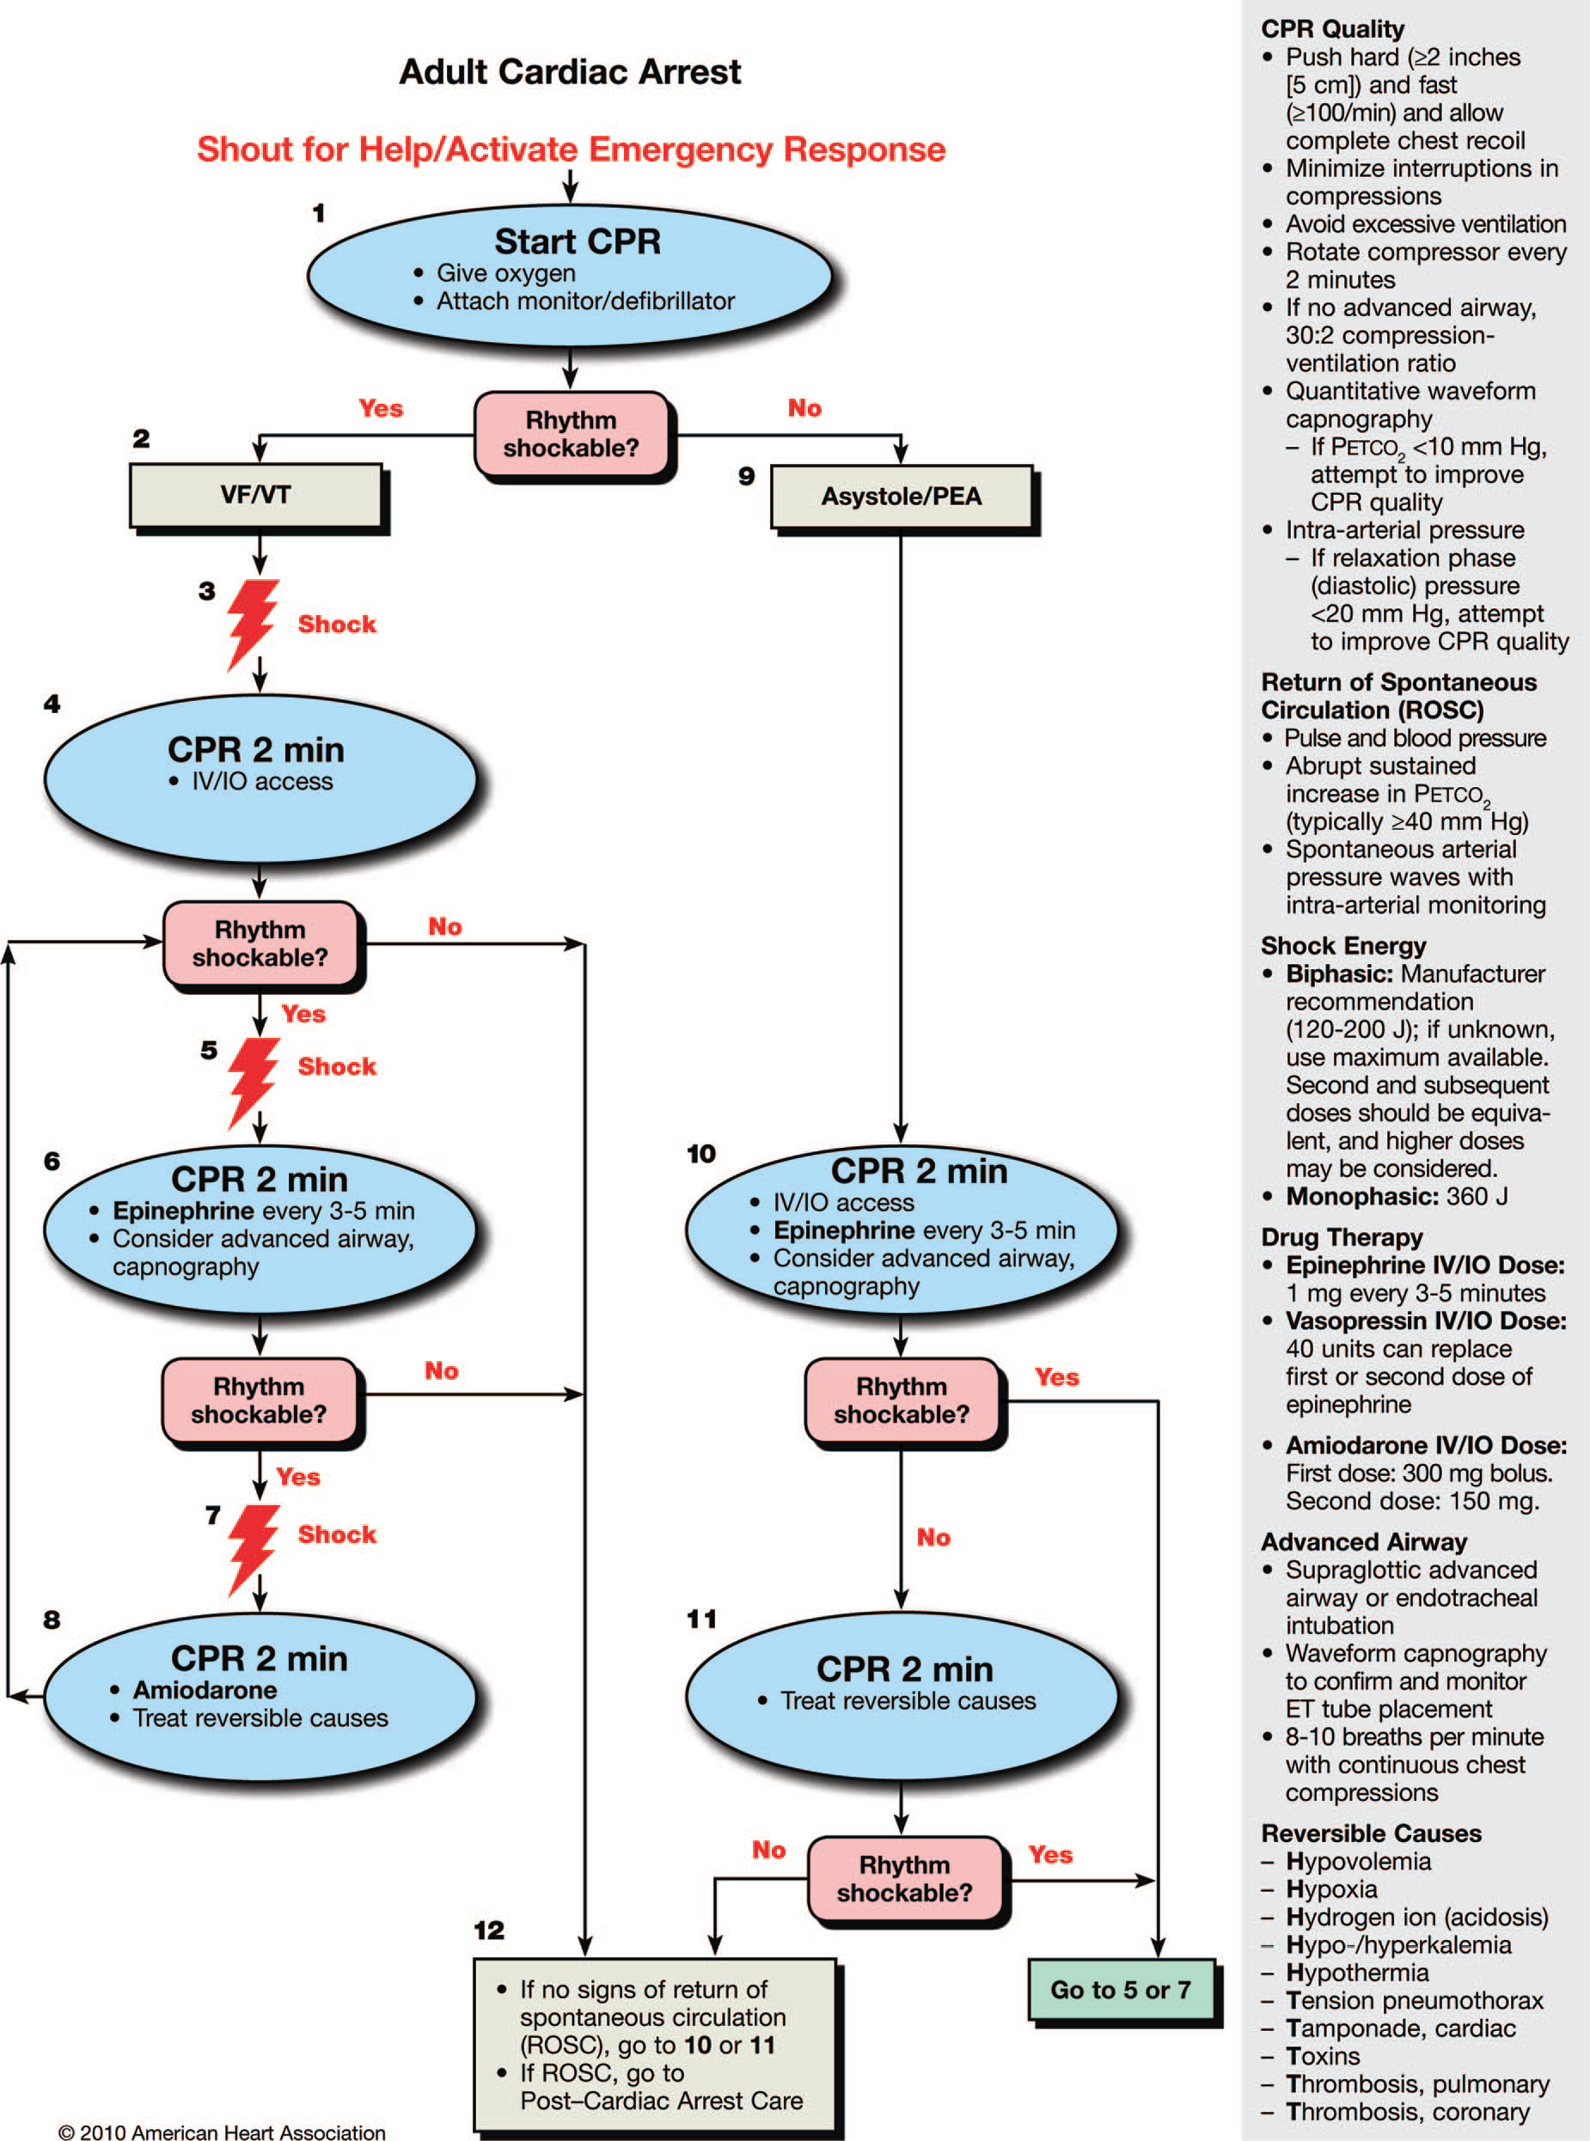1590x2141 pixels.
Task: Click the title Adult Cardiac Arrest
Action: (x=570, y=72)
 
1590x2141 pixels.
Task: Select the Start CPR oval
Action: (x=570, y=275)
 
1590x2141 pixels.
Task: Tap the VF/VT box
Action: (x=256, y=496)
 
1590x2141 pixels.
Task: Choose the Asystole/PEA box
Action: (x=901, y=497)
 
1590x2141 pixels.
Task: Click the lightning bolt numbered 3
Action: (x=252, y=623)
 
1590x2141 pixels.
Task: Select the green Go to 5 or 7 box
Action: (x=1122, y=1989)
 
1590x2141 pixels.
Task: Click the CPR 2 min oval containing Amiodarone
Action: (x=260, y=1694)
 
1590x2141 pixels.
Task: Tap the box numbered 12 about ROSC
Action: (x=655, y=2044)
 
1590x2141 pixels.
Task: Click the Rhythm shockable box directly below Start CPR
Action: (x=571, y=434)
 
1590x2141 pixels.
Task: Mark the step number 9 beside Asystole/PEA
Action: (x=746, y=475)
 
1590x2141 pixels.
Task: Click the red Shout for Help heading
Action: (x=571, y=150)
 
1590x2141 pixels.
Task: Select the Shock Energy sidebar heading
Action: (x=1342, y=945)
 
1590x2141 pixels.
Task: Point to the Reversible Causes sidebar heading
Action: (x=1371, y=1833)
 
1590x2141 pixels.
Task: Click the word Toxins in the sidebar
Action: (x=1323, y=2056)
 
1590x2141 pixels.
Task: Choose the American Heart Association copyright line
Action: (x=222, y=2132)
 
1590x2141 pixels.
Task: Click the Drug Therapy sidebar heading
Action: (x=1341, y=1237)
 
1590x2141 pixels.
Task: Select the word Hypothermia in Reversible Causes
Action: (x=1357, y=1973)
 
